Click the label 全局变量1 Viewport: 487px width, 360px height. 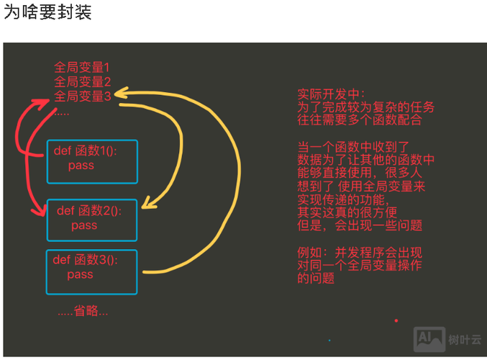(82, 68)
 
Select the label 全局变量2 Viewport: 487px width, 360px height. (82, 81)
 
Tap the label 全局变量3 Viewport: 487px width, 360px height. (82, 96)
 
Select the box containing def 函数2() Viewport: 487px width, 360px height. (91, 219)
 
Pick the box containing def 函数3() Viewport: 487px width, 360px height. (91, 271)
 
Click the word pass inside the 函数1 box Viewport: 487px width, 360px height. (81, 166)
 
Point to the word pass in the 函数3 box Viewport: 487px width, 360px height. (81, 275)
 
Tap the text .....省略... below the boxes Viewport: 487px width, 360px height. (83, 311)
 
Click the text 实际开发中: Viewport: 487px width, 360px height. (332, 94)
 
